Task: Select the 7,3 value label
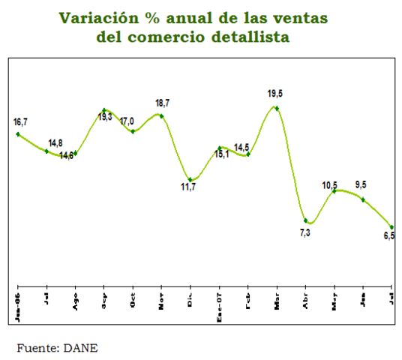(304, 234)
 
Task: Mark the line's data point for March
(277, 108)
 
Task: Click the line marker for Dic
(190, 180)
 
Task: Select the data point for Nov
(161, 115)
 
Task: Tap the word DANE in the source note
(80, 347)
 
